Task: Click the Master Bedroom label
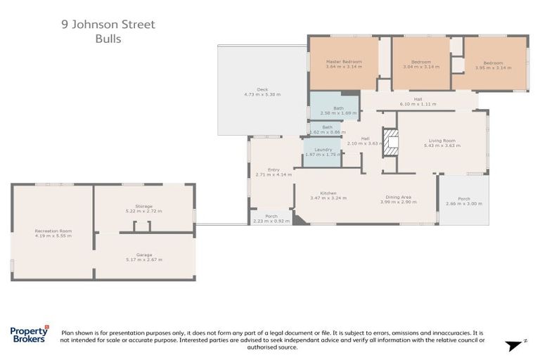[344, 65]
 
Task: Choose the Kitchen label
[328, 195]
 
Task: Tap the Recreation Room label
[53, 233]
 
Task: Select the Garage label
[144, 257]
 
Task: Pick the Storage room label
[143, 208]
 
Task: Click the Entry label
[273, 172]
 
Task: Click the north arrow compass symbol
[515, 344]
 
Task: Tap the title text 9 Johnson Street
[108, 25]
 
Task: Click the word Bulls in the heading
[108, 39]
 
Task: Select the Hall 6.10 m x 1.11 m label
[418, 101]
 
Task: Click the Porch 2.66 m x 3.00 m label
[463, 201]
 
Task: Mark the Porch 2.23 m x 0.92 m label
[271, 219]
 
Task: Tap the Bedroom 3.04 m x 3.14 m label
[421, 65]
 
